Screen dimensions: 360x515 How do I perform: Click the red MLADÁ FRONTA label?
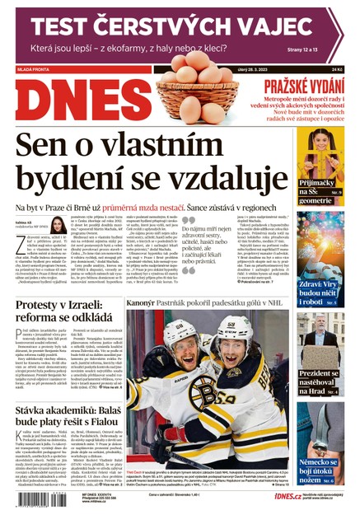pos(30,70)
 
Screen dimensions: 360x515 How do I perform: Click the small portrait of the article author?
pos(58,226)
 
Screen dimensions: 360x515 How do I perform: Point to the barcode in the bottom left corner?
pos(28,497)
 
